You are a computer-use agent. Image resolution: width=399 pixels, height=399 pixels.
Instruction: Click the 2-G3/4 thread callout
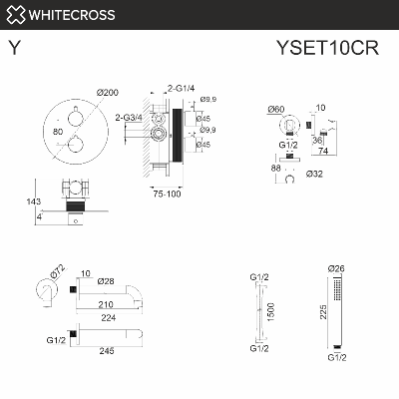tap(129, 118)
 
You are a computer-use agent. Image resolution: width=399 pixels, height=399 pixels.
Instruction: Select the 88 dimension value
tap(275, 170)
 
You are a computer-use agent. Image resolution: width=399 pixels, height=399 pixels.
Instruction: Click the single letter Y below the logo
tap(12, 47)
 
